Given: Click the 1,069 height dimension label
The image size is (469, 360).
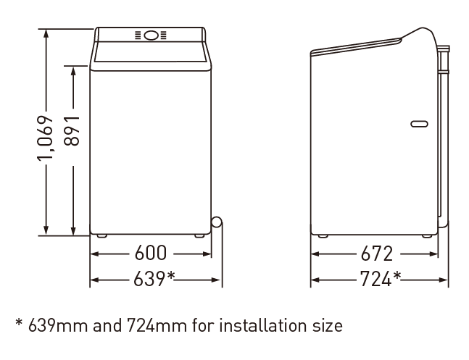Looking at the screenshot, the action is pos(45,138).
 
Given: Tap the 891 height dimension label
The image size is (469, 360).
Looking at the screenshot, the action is pos(72,130).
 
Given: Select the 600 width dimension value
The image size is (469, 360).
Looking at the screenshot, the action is pos(151,253).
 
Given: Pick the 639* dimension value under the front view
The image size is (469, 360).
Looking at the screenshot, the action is pos(154,278).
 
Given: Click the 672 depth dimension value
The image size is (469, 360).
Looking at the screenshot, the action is pos(376,254).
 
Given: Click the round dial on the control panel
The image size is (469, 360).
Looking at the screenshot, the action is pos(151,35).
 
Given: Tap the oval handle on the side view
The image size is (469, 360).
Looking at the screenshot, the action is pos(420,123).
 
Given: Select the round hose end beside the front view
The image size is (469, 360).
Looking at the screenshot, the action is pos(216,223).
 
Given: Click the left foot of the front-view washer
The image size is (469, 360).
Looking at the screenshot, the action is pos(101,236).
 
